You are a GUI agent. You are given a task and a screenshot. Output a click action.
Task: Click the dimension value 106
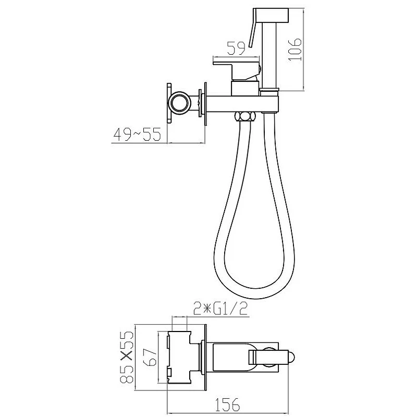(x=295, y=49)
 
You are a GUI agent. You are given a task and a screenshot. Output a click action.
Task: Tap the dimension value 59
(x=236, y=48)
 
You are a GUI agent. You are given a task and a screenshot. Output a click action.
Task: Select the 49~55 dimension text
(x=137, y=134)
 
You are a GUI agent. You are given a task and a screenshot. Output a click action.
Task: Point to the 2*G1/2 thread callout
(x=220, y=309)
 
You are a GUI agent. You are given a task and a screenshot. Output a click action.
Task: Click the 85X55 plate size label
(x=127, y=357)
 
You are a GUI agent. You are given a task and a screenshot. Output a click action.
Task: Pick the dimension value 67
(x=151, y=358)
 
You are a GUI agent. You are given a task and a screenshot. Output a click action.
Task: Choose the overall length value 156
(x=227, y=404)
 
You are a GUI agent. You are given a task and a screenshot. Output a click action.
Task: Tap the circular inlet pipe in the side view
(x=180, y=103)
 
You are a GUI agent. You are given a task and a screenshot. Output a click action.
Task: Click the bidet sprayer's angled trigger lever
(x=252, y=29)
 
